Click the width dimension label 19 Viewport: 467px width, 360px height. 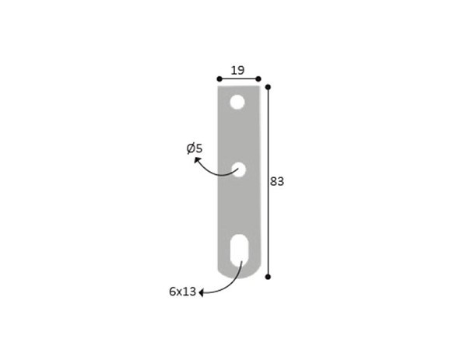coord(237,71)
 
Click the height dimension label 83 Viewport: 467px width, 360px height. coord(277,181)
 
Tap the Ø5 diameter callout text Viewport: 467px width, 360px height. coord(195,149)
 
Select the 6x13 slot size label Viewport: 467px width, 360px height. coord(183,292)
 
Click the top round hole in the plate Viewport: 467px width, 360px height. coord(237,102)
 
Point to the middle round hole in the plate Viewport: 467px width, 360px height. coord(239,170)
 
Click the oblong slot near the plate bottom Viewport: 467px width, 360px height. coord(239,250)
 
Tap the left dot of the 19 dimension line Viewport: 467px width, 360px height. coord(219,79)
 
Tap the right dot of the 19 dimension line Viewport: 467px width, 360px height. coord(258,79)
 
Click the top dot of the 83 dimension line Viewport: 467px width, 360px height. coord(268,87)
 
